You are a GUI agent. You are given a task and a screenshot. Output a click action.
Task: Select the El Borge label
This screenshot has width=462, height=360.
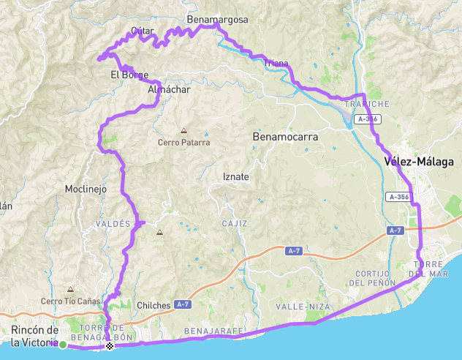tap(129, 75)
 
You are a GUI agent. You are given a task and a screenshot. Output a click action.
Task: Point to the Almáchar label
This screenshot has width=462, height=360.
tap(169, 89)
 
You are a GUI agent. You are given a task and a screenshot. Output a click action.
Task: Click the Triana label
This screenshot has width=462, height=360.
tap(276, 64)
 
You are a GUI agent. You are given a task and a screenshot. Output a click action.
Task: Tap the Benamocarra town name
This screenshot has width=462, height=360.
tap(282, 136)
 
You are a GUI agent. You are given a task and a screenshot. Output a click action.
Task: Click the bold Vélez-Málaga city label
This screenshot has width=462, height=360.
tap(418, 162)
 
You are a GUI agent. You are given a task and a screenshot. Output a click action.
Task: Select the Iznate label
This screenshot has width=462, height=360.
tap(235, 176)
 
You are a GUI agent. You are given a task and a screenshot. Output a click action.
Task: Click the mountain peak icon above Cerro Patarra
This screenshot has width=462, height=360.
tap(183, 131)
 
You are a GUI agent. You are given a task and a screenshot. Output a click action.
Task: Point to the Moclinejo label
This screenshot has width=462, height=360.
tap(86, 189)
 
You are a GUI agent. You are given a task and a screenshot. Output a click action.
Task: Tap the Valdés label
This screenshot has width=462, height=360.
tap(112, 223)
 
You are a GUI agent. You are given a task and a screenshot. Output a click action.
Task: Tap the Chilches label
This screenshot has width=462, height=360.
tap(154, 305)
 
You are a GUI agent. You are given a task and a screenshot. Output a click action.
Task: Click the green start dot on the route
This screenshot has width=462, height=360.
tap(64, 345)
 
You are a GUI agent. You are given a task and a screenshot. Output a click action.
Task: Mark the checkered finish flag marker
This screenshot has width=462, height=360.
tap(110, 345)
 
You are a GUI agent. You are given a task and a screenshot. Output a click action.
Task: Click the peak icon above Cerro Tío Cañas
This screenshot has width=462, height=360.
tap(70, 289)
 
